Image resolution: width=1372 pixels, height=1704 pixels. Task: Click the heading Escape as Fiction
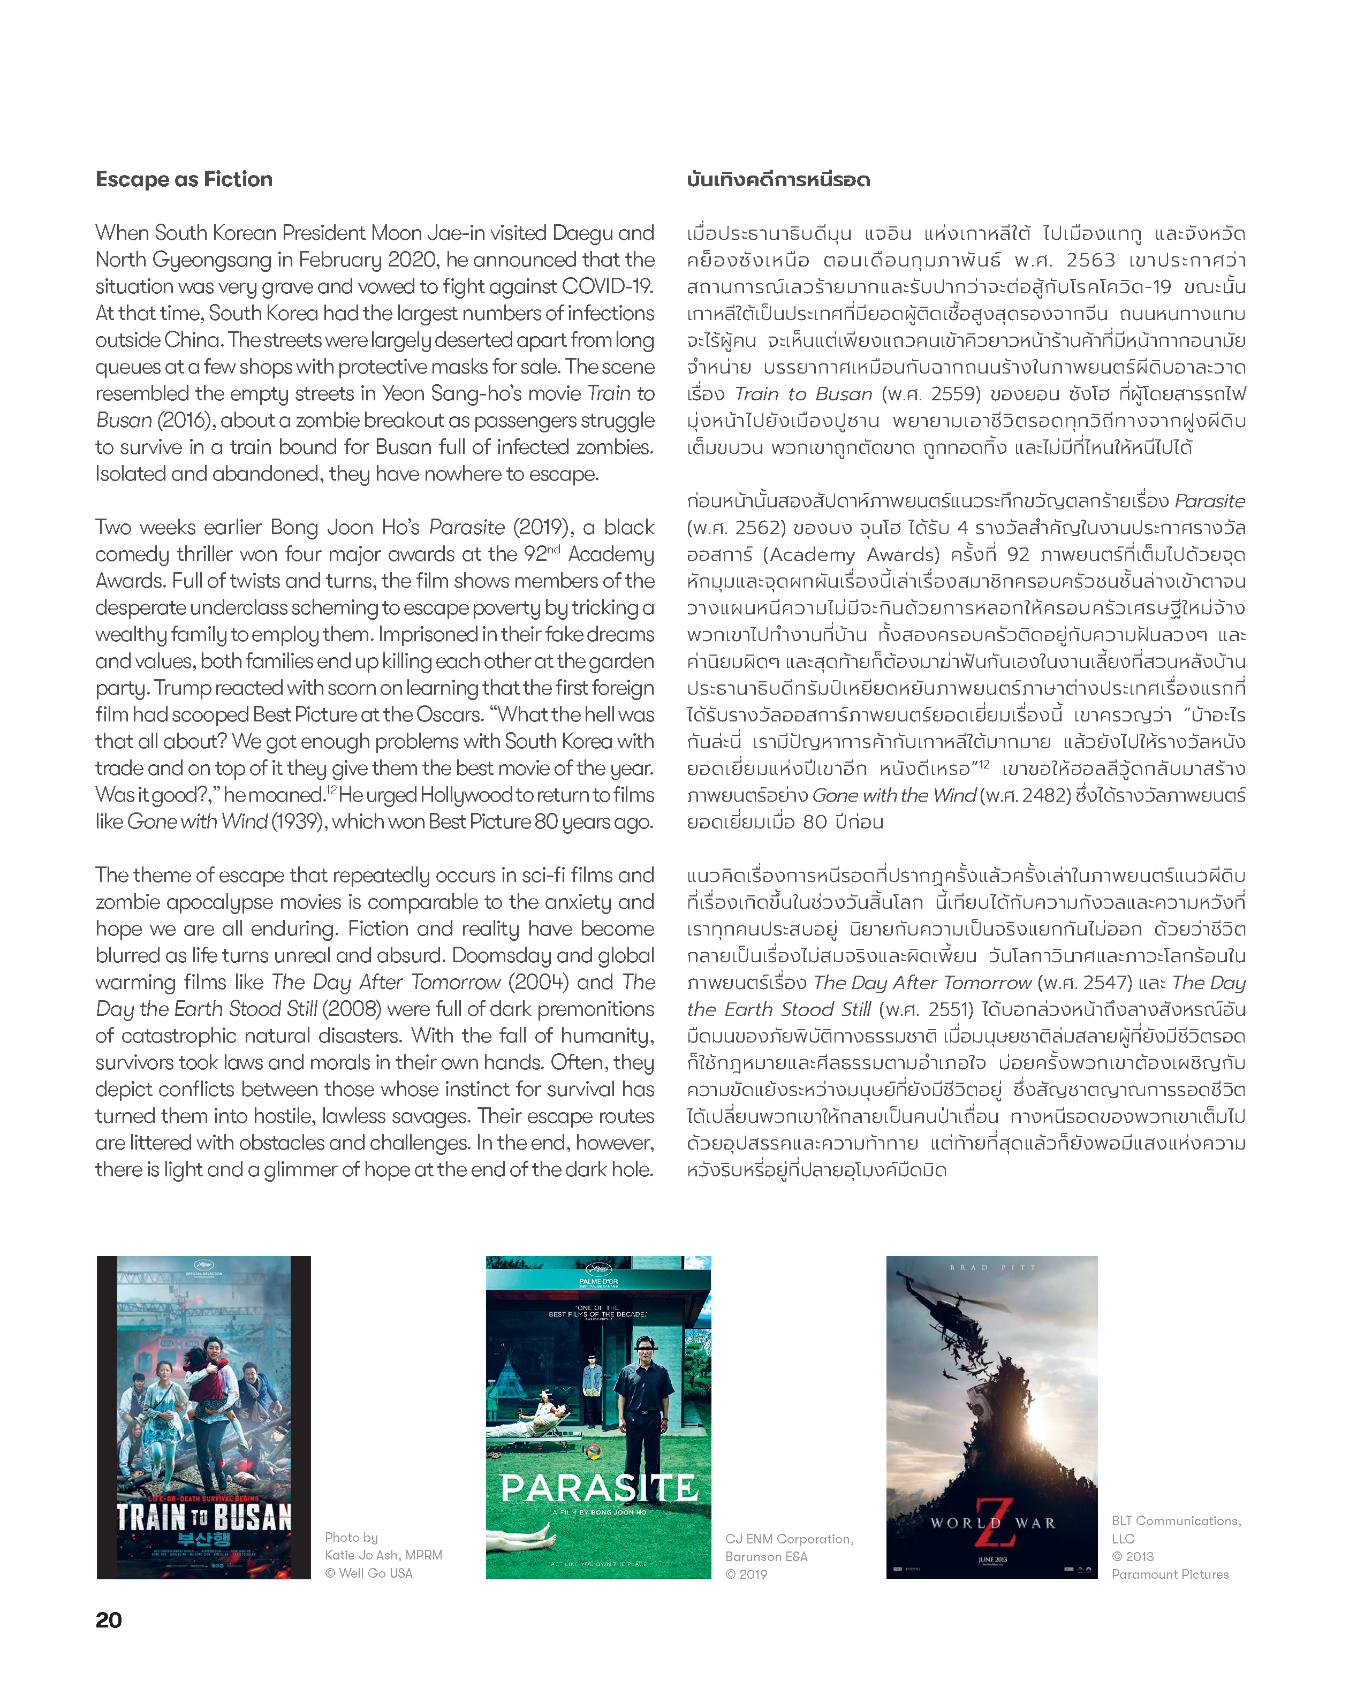coord(184,179)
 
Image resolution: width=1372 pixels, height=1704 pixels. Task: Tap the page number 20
coord(108,1620)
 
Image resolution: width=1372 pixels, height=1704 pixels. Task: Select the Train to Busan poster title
coord(203,1517)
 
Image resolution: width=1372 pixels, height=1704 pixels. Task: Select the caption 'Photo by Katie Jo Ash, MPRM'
coord(383,1546)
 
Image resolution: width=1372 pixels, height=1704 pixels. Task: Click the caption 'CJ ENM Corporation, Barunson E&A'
coord(789,1548)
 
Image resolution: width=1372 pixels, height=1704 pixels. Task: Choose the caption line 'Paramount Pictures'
coord(1170,1574)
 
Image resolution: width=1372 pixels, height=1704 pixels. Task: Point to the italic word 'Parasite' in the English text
coord(467,527)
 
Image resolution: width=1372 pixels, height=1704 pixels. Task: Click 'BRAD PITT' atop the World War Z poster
coord(992,1268)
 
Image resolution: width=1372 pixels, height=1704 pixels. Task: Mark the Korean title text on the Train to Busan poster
coord(203,1539)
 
